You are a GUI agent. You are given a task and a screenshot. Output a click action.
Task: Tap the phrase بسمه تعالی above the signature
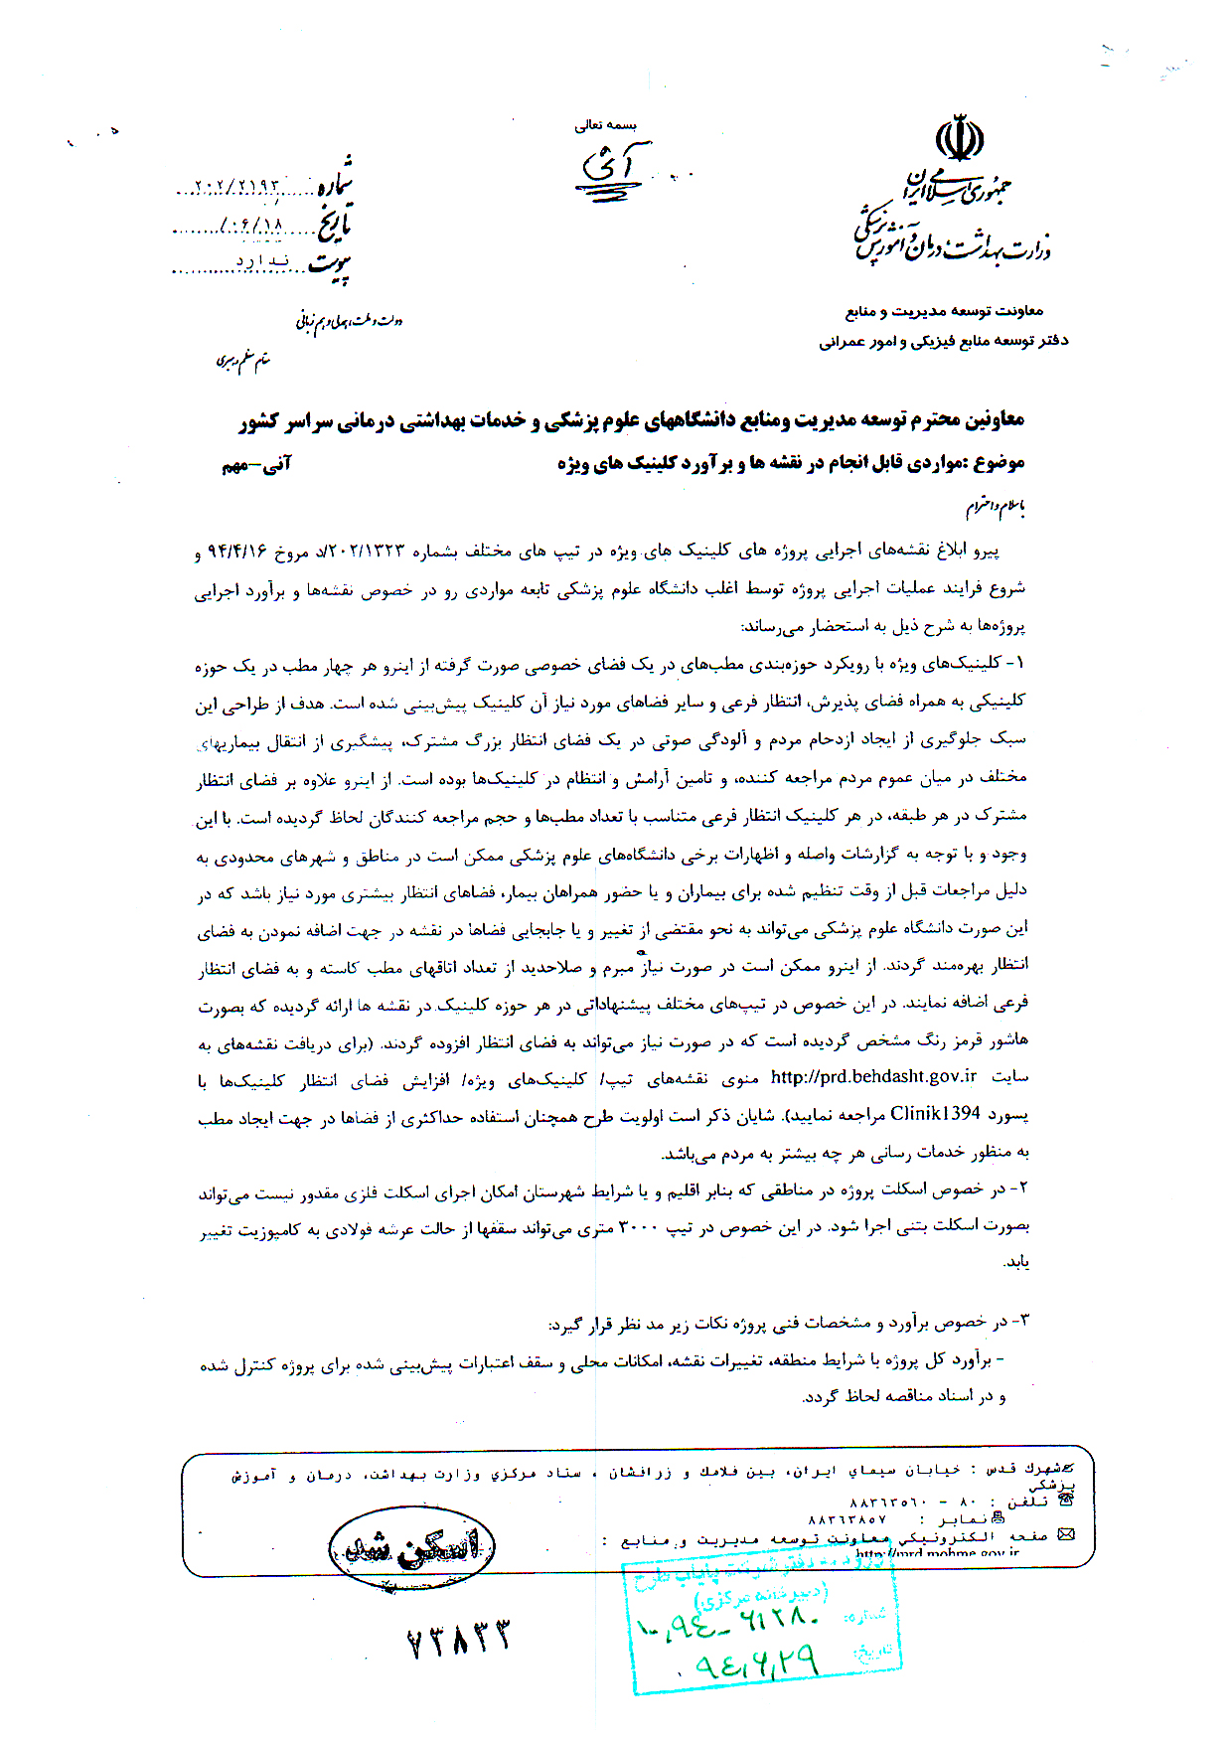605,125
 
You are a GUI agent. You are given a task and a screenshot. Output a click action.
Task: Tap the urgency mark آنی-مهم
255,464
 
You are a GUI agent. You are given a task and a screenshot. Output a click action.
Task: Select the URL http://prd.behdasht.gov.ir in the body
873,1077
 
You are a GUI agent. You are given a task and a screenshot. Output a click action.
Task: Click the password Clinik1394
935,1114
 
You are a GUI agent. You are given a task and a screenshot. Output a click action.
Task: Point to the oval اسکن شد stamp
411,1548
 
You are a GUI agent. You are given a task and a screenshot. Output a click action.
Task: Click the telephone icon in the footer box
1067,1501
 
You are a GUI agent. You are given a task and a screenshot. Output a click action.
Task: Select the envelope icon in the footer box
1067,1535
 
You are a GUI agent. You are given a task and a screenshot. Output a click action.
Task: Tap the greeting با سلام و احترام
996,508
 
